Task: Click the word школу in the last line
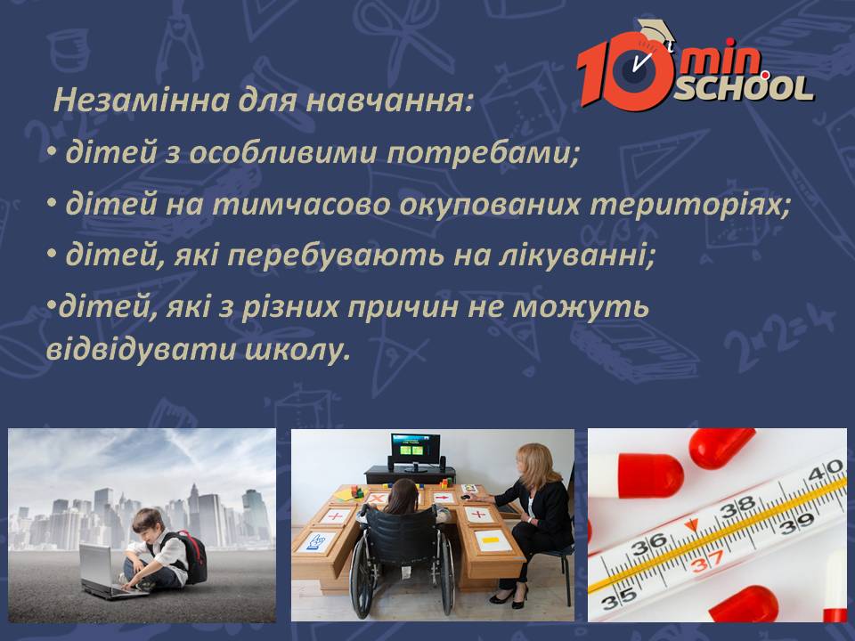[297, 349]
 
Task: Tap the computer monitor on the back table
[415, 452]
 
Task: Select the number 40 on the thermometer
[826, 470]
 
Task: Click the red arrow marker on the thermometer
[691, 525]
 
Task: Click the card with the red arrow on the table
[444, 498]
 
